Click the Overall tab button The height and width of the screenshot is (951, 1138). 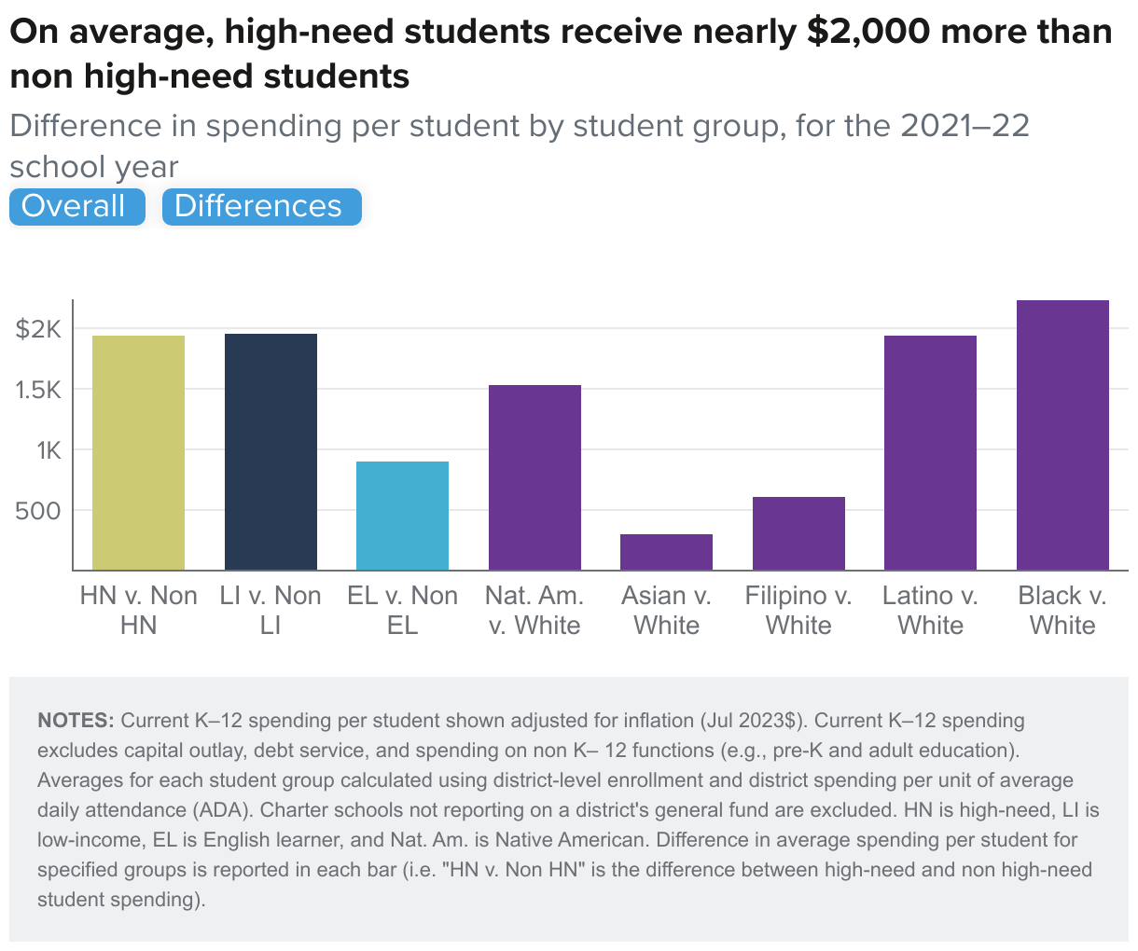tap(76, 206)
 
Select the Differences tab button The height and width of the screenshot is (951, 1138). tap(260, 206)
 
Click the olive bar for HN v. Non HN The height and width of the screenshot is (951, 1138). tap(138, 452)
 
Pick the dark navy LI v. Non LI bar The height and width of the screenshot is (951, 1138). tap(271, 451)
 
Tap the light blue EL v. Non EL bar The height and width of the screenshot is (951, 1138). tap(402, 516)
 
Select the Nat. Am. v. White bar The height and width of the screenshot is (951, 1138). tap(534, 477)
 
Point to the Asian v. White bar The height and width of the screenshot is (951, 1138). tap(666, 552)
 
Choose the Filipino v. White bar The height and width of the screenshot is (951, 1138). tap(798, 533)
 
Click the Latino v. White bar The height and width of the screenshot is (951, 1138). tap(930, 452)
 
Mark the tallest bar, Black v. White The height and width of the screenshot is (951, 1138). tap(1062, 434)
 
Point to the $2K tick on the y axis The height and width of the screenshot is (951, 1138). tap(38, 329)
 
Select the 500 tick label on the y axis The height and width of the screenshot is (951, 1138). tap(38, 511)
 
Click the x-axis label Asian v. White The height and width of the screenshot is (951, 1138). tap(666, 610)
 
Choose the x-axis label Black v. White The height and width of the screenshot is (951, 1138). tap(1062, 610)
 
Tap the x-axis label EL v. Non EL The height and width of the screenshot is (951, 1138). tap(402, 610)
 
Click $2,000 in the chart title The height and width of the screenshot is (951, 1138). tap(868, 33)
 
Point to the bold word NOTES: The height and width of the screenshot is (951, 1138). tap(76, 721)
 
